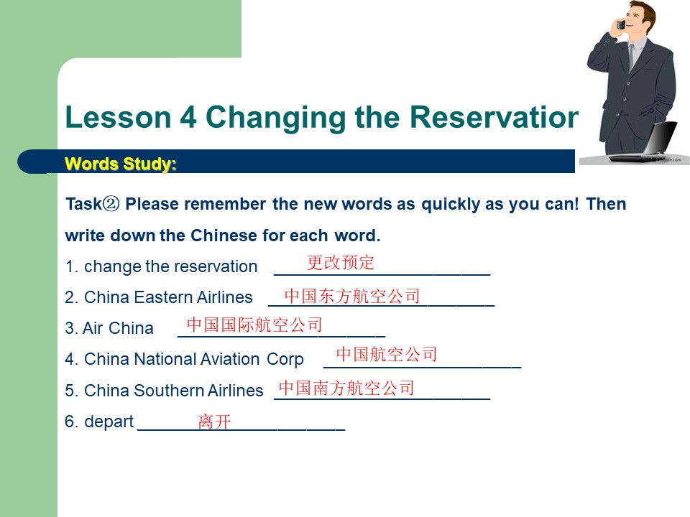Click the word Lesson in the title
point(118,117)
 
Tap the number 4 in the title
point(188,117)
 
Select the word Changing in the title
point(276,118)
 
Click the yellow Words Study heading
point(121,164)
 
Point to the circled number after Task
point(111,204)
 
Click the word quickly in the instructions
point(450,205)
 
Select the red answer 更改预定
point(341,263)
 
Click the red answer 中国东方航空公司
point(352,296)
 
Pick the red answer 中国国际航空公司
point(254,325)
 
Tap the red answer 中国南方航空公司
point(346,388)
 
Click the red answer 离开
point(214,421)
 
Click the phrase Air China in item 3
point(118,328)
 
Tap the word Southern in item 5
point(168,391)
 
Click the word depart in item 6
point(109,422)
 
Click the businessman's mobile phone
point(620,24)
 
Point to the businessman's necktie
point(632,56)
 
